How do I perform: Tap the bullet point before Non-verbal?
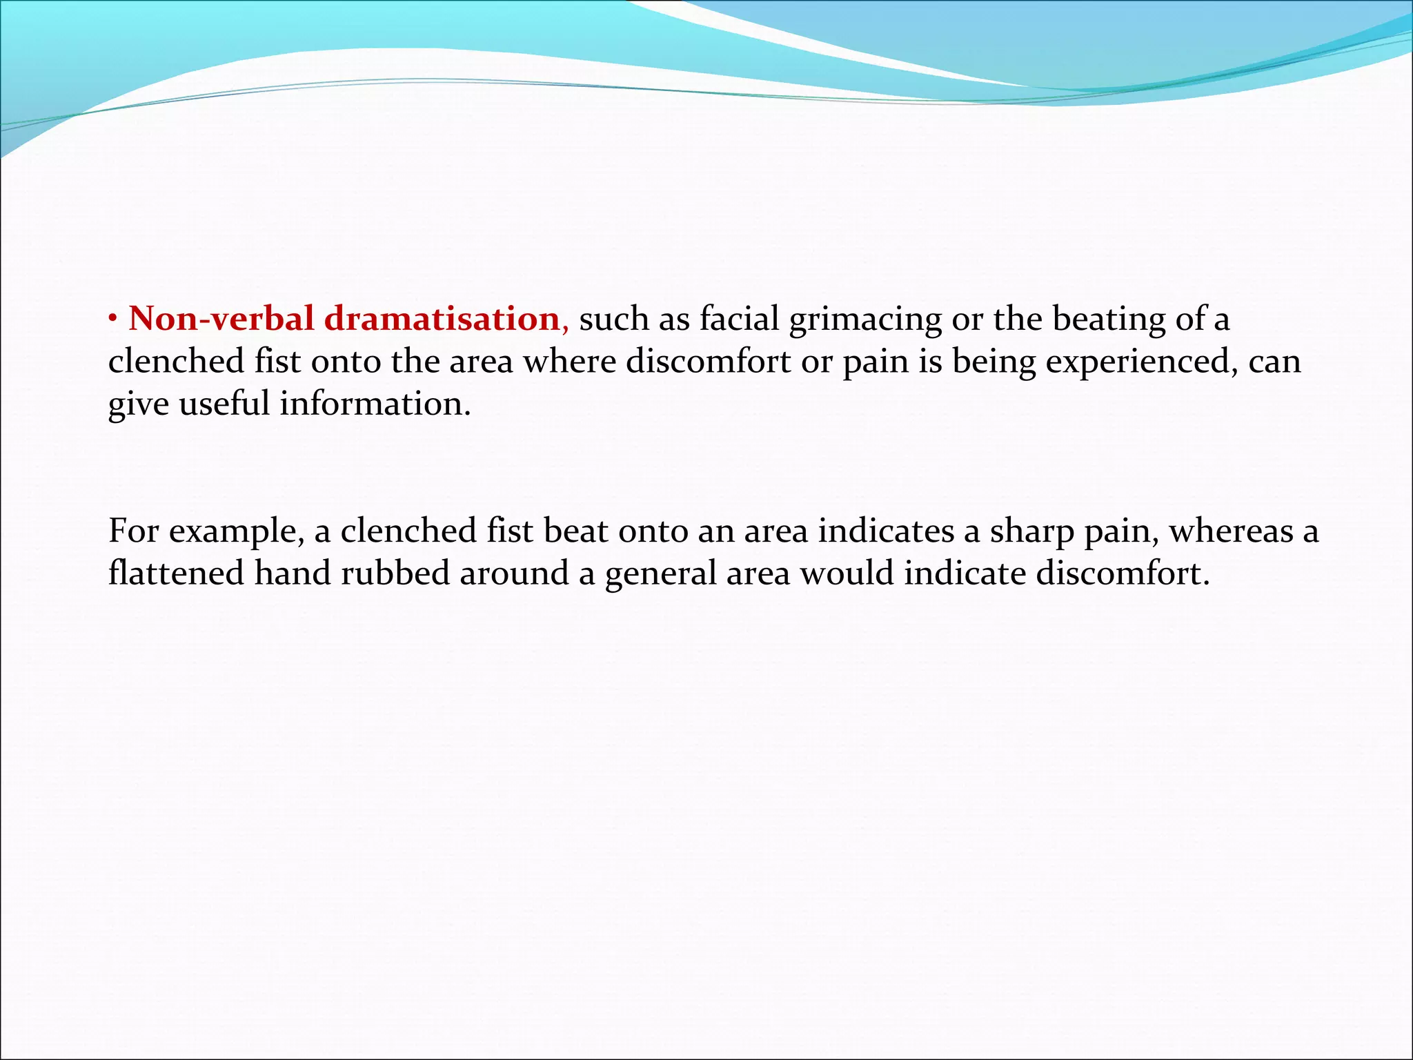click(x=113, y=319)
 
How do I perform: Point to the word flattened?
click(x=176, y=573)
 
